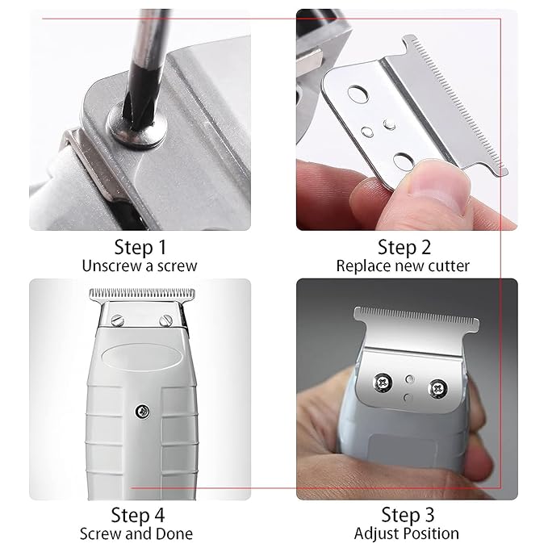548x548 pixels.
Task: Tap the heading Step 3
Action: point(407,513)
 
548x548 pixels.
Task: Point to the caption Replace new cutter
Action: point(414,266)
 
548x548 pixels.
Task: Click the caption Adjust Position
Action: point(407,533)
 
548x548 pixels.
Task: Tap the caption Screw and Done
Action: point(136,533)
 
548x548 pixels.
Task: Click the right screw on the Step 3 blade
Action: point(438,387)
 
